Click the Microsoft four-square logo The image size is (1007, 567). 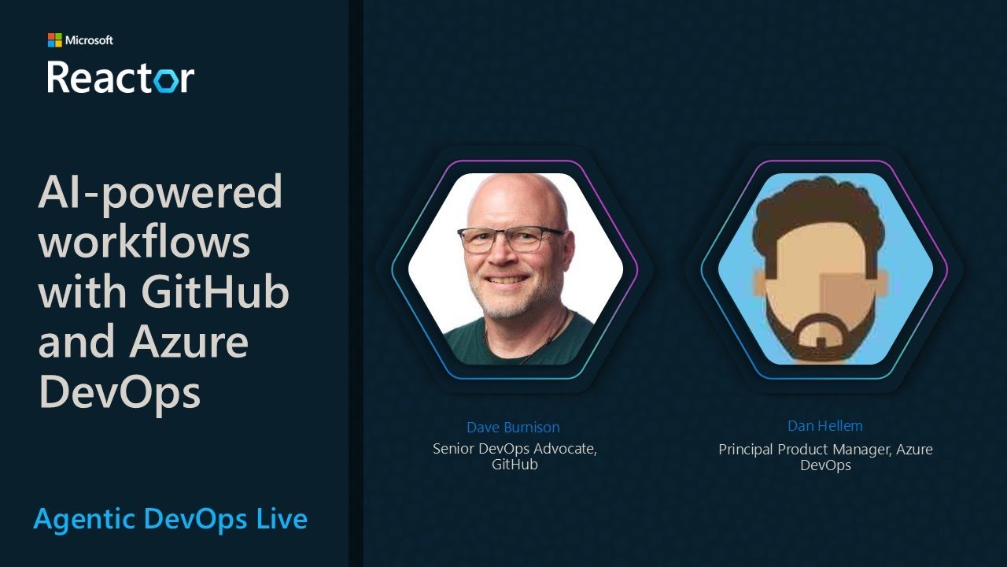(x=54, y=40)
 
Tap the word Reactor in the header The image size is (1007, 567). (x=120, y=77)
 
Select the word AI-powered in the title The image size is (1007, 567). (x=160, y=193)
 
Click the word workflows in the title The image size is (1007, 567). (x=144, y=242)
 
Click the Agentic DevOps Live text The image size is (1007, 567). (x=170, y=519)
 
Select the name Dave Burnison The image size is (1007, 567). (x=513, y=428)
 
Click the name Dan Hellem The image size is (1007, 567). (x=825, y=426)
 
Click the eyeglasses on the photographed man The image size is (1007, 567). (x=511, y=239)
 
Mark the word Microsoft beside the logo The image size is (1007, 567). (x=89, y=40)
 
